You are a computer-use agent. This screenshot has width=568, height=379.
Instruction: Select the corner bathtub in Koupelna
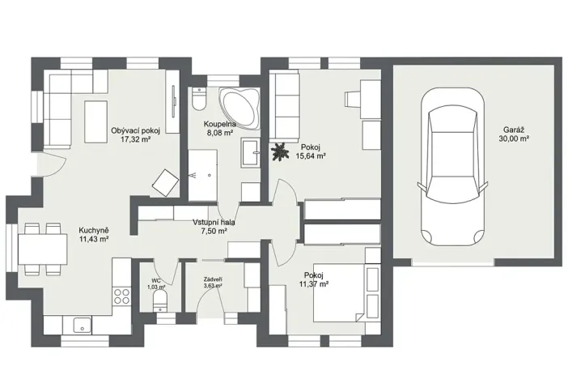tap(239, 106)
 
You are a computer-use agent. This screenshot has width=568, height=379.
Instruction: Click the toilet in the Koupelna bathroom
tap(200, 100)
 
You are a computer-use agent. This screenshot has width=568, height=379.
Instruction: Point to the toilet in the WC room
tap(159, 303)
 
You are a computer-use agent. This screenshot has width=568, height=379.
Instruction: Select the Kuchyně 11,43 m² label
tap(94, 234)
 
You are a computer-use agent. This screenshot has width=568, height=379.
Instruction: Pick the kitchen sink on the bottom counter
tap(80, 326)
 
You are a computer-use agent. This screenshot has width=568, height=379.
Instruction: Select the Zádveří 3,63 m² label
tap(213, 283)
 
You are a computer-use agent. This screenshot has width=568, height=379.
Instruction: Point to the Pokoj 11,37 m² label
tap(313, 279)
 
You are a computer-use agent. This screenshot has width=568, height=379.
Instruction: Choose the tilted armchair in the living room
tap(165, 182)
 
